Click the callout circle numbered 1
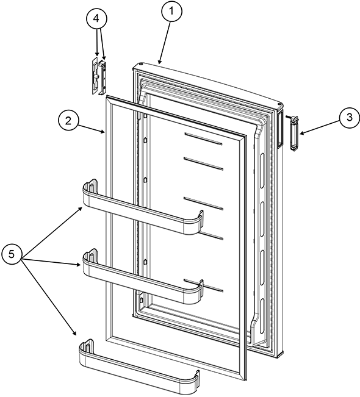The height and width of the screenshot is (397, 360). tap(171, 12)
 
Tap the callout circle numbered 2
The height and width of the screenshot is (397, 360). tap(68, 121)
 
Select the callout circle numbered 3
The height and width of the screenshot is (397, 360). tap(350, 118)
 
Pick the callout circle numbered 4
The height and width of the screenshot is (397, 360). tap(96, 18)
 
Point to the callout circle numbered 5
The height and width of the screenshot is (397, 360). tap(12, 254)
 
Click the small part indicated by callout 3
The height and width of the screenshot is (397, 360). tap(294, 133)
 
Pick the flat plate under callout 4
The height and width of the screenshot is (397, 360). tap(94, 76)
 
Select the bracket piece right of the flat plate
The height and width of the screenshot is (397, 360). tap(103, 77)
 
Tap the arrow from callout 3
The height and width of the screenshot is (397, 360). tap(320, 128)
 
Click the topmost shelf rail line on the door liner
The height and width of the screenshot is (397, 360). tap(204, 139)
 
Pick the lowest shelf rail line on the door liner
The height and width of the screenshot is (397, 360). tap(204, 285)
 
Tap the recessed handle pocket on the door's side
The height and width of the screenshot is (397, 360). tap(280, 130)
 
